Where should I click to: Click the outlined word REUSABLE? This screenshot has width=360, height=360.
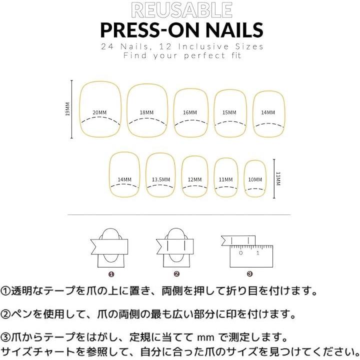181,10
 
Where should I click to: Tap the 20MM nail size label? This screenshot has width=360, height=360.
99,112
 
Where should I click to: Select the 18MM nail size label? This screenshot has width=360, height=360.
146,112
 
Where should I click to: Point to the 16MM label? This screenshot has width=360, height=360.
190,112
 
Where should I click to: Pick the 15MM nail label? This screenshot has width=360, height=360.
229,112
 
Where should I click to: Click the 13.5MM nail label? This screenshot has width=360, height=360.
161,179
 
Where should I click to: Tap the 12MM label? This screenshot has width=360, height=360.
194,179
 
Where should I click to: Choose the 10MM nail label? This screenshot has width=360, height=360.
255,179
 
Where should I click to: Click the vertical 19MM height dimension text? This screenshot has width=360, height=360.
67,109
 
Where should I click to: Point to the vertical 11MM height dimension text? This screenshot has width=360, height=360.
278,178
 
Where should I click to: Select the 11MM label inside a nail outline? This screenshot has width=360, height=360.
225,179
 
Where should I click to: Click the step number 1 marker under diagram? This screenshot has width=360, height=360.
111,274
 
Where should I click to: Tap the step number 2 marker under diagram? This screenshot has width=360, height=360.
176,274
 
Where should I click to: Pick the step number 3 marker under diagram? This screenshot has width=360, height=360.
249,273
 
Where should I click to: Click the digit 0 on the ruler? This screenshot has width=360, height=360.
240,253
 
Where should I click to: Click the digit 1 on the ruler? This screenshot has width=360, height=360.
258,253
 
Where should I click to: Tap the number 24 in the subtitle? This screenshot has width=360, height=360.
107,46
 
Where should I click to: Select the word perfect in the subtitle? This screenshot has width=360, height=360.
205,56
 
